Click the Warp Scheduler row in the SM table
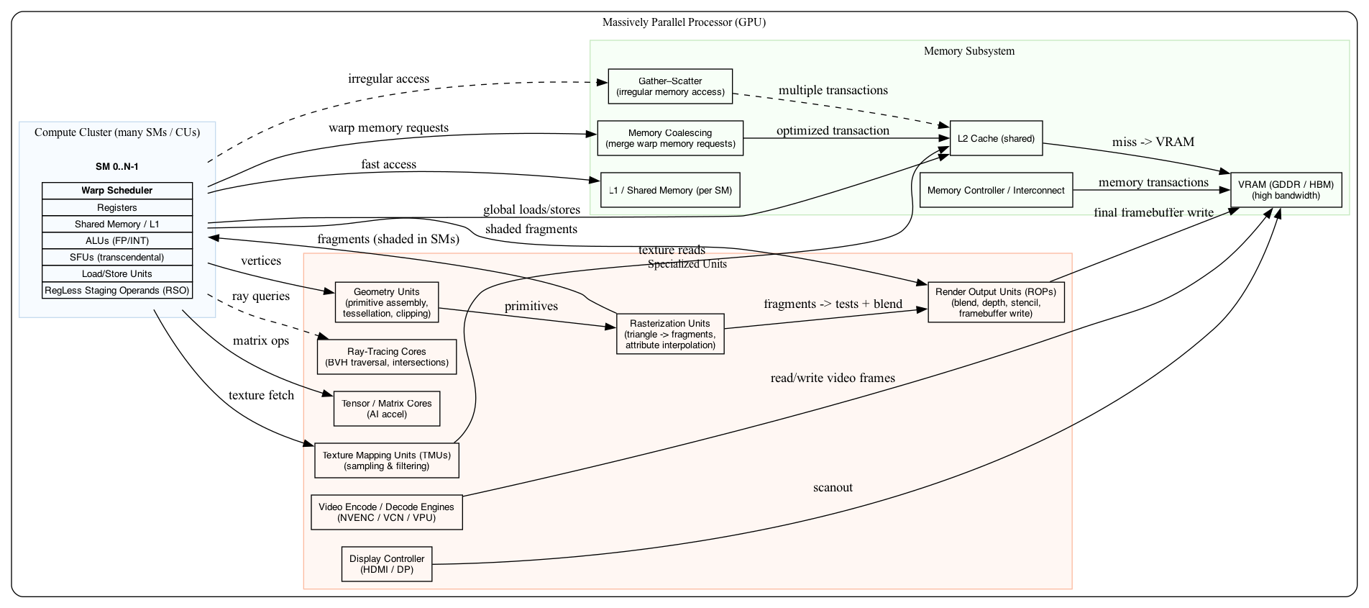pos(117,191)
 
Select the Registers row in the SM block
pos(117,207)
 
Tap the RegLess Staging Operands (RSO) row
pos(117,291)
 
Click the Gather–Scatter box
pos(670,86)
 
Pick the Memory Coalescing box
pos(670,138)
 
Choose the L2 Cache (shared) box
pos(996,138)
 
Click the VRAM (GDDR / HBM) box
pos(1286,190)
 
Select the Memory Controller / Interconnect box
pos(996,190)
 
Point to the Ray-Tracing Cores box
pos(387,357)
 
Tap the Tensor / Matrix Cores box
pos(387,409)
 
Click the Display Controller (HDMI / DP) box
pos(387,564)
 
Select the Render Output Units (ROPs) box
pos(996,302)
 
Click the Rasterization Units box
pos(670,334)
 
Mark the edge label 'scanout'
pos(833,488)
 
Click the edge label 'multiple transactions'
pos(833,91)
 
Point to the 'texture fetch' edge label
pos(261,396)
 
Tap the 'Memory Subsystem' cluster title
pos(969,51)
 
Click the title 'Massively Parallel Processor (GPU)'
pos(684,22)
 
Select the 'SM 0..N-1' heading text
pos(117,167)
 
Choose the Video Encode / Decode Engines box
pos(387,512)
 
